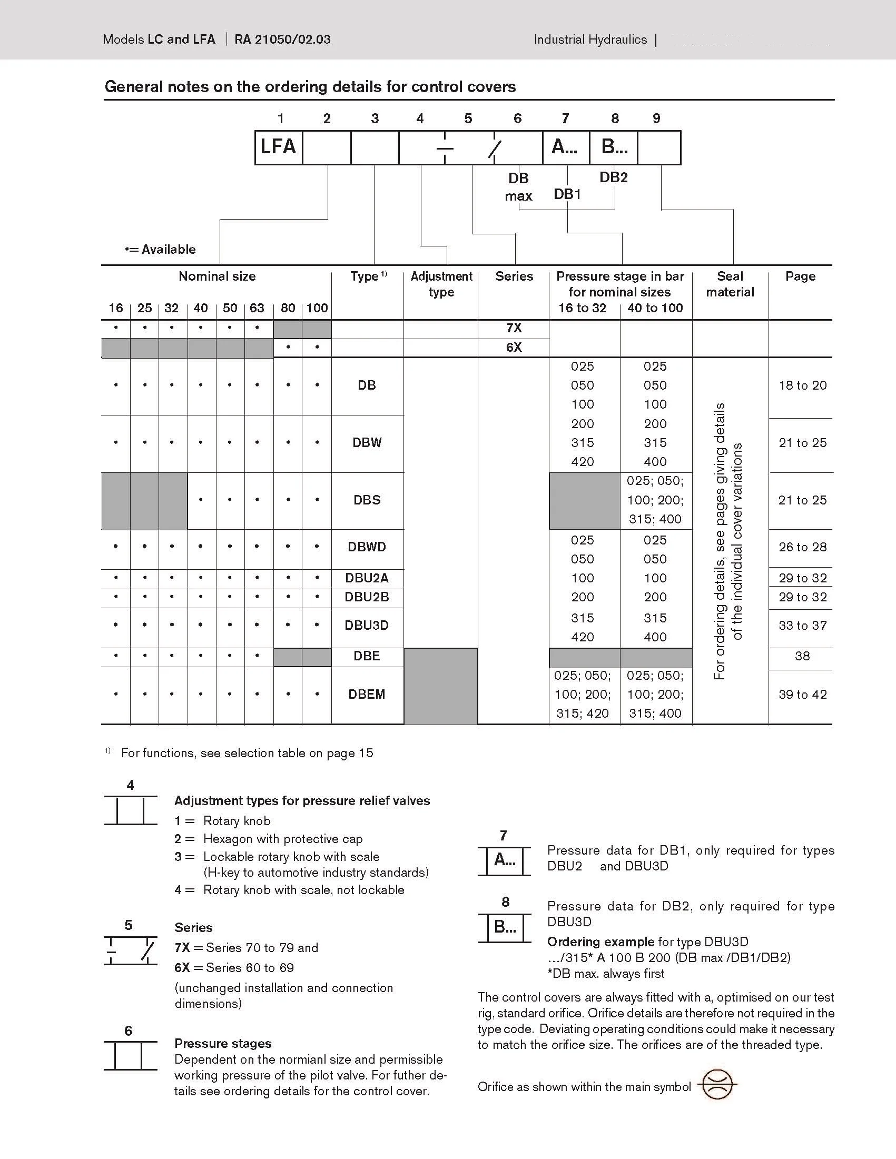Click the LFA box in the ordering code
(278, 147)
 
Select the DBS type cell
(367, 500)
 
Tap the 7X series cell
(513, 328)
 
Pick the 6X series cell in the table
(513, 348)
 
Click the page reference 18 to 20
(802, 386)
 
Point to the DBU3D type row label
(367, 625)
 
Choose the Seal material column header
(730, 284)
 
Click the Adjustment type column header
(441, 284)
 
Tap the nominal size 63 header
(257, 309)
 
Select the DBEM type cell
(367, 694)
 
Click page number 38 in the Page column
(802, 657)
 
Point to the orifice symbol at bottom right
(717, 1085)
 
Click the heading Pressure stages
(223, 1043)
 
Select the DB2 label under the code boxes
(614, 178)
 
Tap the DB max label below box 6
(519, 187)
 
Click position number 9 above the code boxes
(657, 119)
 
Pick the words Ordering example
(600, 942)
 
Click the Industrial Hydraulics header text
(590, 40)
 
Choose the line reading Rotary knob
(237, 821)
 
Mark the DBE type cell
(367, 657)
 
